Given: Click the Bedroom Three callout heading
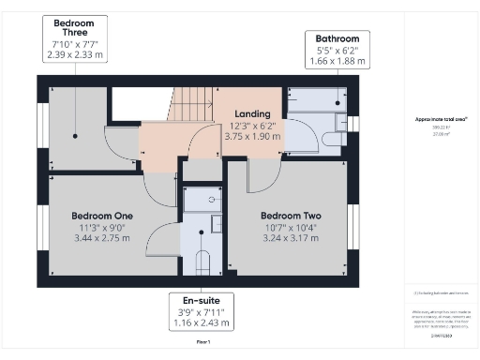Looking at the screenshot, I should pyautogui.click(x=80, y=22).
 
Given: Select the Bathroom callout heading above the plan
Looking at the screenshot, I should pyautogui.click(x=337, y=38).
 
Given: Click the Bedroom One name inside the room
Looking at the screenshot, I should pyautogui.click(x=102, y=216).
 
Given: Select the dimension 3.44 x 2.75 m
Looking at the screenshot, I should pyautogui.click(x=102, y=238).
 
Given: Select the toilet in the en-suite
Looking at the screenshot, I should pyautogui.click(x=200, y=262).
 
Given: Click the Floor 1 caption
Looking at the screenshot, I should pyautogui.click(x=202, y=344).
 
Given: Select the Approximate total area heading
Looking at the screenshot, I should pyautogui.click(x=441, y=119).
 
